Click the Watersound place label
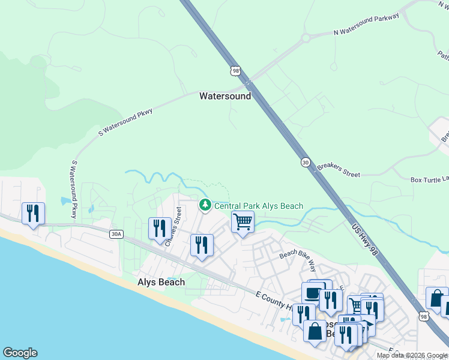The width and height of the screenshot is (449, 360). click(225, 96)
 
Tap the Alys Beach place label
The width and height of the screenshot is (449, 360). click(161, 282)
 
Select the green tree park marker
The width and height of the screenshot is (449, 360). click(205, 205)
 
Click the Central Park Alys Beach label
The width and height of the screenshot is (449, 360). click(259, 206)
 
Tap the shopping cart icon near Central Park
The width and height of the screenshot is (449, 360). click(243, 221)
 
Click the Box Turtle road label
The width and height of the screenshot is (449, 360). click(429, 179)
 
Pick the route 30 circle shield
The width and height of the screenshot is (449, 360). click(306, 163)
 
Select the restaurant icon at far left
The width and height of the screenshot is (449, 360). click(33, 213)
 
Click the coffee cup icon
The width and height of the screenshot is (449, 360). click(312, 293)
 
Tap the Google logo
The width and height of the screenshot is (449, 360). click(20, 353)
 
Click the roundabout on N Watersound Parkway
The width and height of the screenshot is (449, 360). click(306, 38)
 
